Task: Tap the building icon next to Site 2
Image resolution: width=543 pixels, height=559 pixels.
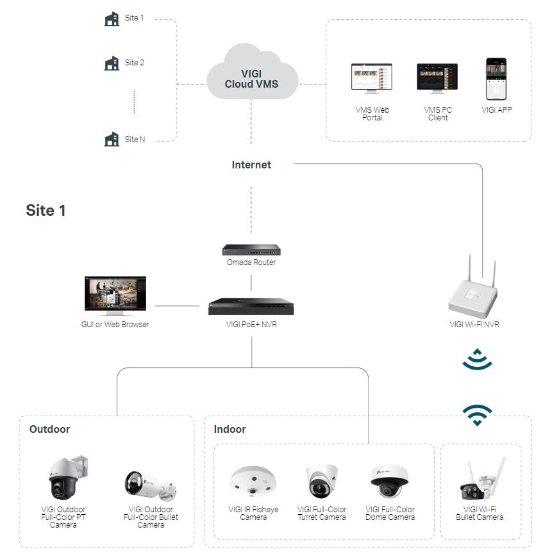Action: [112, 63]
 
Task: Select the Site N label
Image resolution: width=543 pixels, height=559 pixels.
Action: [135, 139]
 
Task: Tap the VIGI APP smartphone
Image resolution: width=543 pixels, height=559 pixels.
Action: [496, 79]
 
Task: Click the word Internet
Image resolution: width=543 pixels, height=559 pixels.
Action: [251, 165]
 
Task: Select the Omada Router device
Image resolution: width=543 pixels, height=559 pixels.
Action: [251, 250]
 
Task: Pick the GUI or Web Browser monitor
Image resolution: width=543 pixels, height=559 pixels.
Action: [115, 296]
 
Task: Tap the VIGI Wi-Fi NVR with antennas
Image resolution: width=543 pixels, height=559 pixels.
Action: [474, 291]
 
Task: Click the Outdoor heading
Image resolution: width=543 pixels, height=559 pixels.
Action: [49, 429]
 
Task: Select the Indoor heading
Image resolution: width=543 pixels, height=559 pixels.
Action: [230, 429]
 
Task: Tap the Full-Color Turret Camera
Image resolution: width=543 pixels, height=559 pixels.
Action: [321, 482]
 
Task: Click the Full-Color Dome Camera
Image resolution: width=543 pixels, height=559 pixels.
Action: [390, 482]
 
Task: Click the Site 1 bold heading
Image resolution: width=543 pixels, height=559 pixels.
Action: [46, 210]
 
